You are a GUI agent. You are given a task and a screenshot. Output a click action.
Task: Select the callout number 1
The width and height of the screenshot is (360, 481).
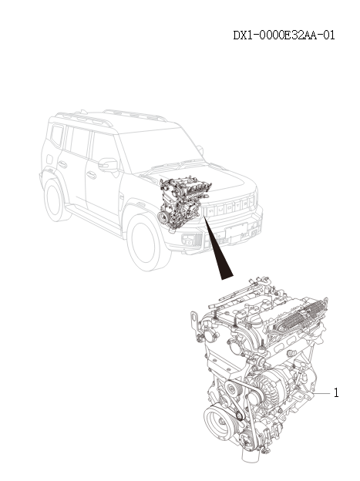[x=336, y=392]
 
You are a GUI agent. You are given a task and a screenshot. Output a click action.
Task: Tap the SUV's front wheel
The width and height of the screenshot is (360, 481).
[x=147, y=243]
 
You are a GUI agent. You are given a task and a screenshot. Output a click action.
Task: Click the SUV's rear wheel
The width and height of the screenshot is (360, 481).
[x=56, y=198]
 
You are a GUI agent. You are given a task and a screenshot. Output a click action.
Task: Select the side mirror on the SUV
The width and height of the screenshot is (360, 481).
[x=109, y=164]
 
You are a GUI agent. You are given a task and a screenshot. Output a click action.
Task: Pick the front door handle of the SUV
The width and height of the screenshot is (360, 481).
[x=91, y=175]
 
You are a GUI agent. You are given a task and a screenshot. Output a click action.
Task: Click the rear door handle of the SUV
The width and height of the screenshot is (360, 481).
[x=62, y=163]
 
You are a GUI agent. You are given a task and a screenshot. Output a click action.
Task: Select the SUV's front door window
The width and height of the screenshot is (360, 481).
[x=103, y=147]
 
